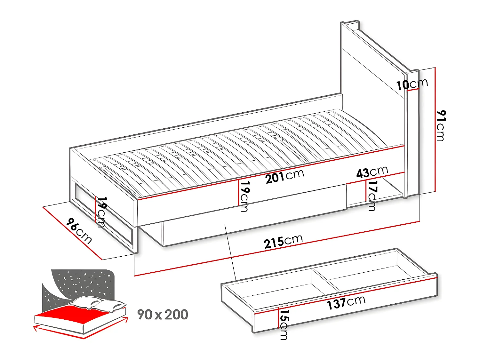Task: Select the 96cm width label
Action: [79, 231]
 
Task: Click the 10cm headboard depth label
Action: [412, 84]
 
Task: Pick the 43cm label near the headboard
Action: [372, 172]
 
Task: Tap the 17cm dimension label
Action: [372, 195]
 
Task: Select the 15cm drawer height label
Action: [284, 324]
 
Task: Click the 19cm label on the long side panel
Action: [244, 196]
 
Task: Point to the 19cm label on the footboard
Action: [101, 212]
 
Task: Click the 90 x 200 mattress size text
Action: [163, 315]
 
